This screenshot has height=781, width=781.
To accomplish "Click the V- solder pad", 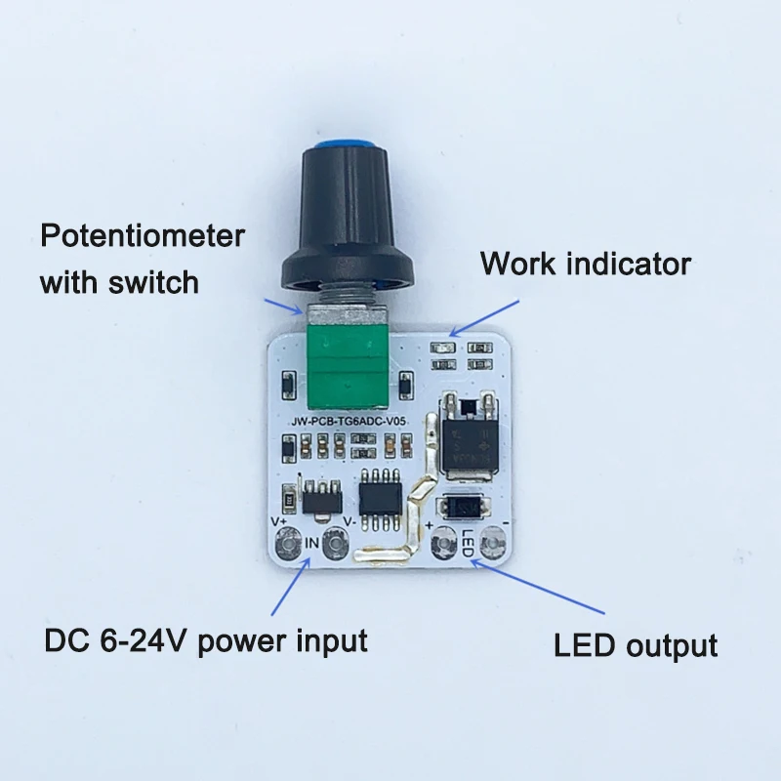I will [337, 542].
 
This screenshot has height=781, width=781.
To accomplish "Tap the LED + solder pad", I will [444, 542].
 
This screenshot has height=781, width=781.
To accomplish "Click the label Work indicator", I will [586, 264].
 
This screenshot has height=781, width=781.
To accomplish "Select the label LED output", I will [636, 645].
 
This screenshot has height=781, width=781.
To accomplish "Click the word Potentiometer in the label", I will [142, 236].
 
